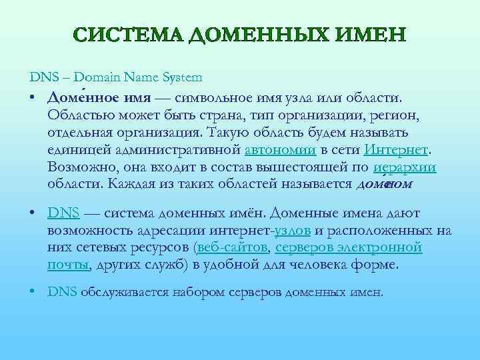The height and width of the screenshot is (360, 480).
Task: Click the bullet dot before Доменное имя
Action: (32, 99)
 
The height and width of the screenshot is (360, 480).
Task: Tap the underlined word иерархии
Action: (405, 167)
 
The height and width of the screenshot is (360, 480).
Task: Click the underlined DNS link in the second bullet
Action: (64, 213)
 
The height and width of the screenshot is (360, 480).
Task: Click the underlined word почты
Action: (67, 265)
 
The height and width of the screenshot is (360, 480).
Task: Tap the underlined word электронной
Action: (388, 247)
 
